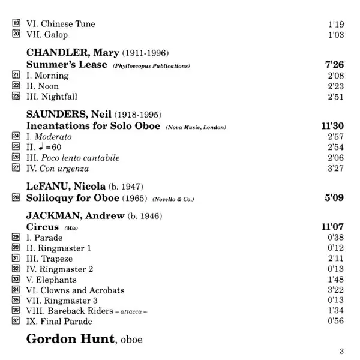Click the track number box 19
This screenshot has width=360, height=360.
(x=16, y=24)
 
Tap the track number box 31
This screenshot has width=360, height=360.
(x=16, y=259)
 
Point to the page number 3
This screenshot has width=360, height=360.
(x=342, y=351)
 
